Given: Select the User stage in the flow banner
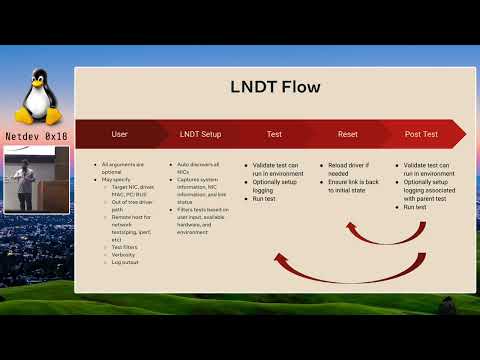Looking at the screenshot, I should point(119,133).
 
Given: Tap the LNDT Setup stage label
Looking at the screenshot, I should point(200,133).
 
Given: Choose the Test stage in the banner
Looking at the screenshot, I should point(274,133).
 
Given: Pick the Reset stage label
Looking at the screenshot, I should point(347,133).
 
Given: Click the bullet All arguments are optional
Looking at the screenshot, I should point(124,167).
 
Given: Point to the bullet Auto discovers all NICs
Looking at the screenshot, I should point(200,167).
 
